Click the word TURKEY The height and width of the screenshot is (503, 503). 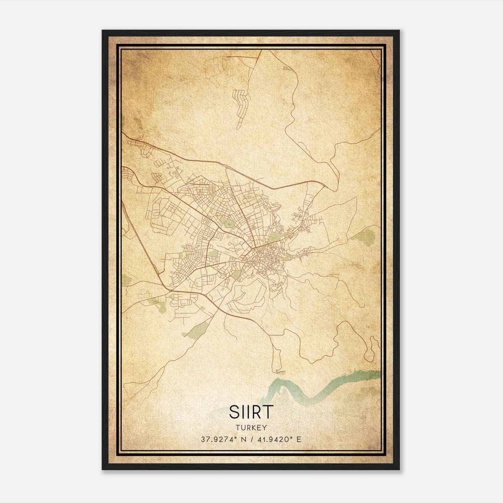251,428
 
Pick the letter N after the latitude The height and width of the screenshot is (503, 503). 243,439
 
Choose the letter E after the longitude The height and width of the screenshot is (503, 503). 299,439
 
